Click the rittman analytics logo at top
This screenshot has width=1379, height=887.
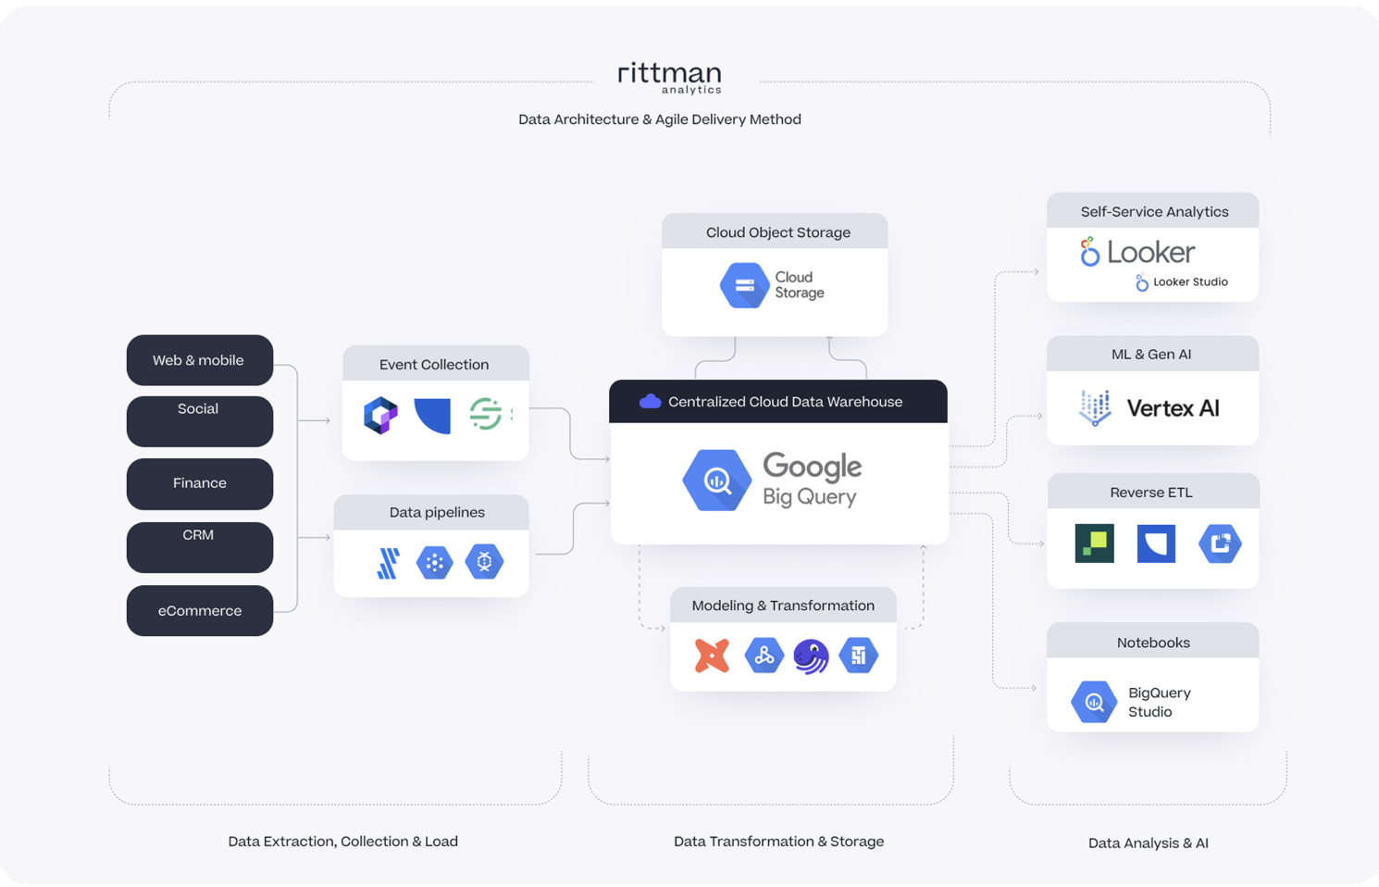coord(669,77)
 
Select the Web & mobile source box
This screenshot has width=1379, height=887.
coord(199,360)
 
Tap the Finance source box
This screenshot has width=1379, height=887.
coord(199,483)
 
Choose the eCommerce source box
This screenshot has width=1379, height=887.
coord(199,611)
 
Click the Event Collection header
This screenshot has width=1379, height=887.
coord(434,365)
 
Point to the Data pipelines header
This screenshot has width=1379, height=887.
coord(436,513)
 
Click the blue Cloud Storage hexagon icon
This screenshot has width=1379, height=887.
coord(744,285)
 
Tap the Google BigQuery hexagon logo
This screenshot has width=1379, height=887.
coord(716,481)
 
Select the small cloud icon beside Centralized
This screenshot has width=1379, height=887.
coord(650,402)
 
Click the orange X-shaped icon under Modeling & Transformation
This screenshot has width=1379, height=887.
coord(712,656)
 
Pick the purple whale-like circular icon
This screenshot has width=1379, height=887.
coord(811,656)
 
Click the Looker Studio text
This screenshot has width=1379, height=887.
coord(1189,282)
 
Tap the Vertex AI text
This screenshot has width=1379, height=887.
coord(1173,408)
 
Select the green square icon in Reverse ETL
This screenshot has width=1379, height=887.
coord(1094,543)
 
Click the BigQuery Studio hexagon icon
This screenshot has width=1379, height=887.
coord(1094,702)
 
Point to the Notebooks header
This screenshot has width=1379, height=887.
coord(1152,643)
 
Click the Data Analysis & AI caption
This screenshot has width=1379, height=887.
coord(1148,843)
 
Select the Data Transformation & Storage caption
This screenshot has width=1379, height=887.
coord(778,842)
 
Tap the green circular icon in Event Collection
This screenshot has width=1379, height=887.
coord(486,414)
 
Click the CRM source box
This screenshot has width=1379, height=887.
coord(199,546)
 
